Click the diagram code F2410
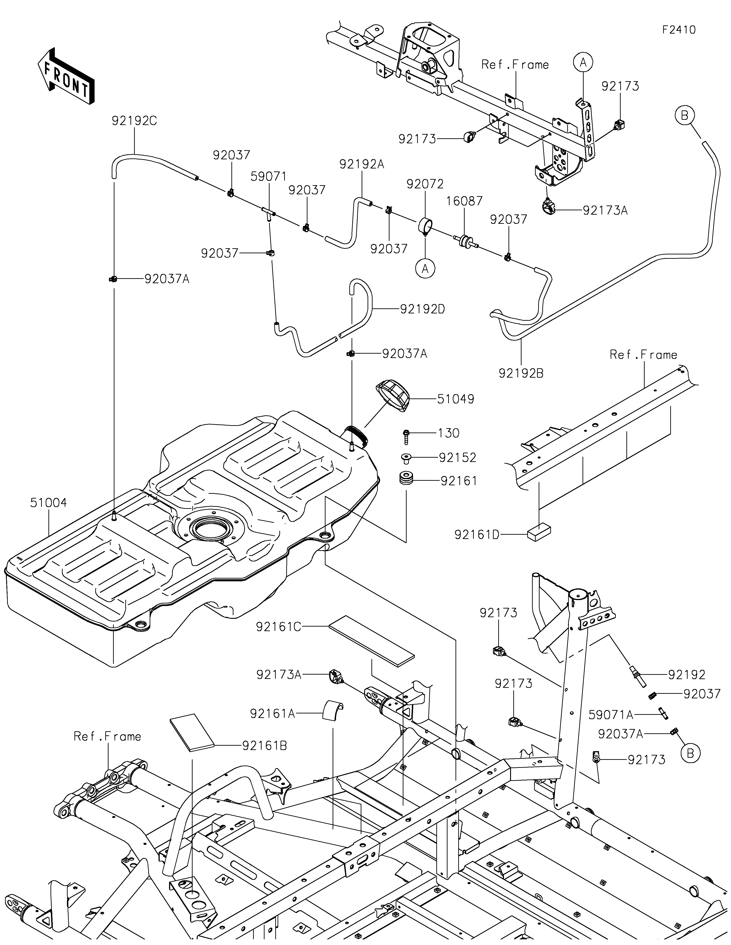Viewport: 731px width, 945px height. tap(679, 30)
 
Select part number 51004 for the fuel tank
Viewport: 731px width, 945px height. tap(48, 503)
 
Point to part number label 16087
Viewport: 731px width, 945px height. tap(464, 201)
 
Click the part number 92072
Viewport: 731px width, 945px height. tap(425, 184)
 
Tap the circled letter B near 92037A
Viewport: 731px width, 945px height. tap(690, 753)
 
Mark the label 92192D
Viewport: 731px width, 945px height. tap(422, 309)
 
